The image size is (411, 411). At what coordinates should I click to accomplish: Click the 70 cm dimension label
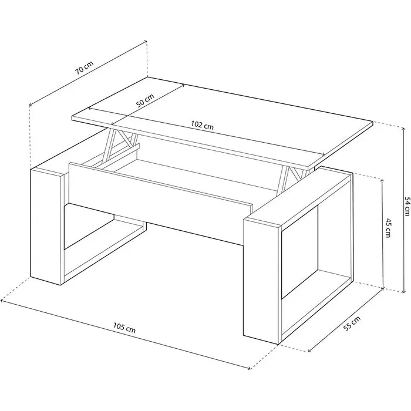[x=85, y=68]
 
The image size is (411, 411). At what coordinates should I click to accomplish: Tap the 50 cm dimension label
[x=145, y=100]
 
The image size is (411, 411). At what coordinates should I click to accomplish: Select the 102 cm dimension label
[x=202, y=125]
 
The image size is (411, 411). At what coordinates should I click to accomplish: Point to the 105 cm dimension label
[x=124, y=328]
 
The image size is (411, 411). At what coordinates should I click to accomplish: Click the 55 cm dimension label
[x=352, y=324]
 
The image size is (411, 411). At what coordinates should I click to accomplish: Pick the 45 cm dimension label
[x=388, y=228]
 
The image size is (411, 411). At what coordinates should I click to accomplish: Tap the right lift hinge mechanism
[x=295, y=178]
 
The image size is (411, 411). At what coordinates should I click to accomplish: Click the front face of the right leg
[x=261, y=281]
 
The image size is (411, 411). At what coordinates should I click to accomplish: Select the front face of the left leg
[x=46, y=227]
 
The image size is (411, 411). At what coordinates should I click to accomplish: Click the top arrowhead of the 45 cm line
[x=382, y=180]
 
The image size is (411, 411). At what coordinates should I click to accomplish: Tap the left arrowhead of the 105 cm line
[x=2, y=301]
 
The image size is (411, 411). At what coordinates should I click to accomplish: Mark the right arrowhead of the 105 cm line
[x=248, y=368]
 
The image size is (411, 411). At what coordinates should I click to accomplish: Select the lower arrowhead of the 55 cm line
[x=310, y=351]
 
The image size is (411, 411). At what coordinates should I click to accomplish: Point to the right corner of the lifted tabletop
[x=373, y=122]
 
